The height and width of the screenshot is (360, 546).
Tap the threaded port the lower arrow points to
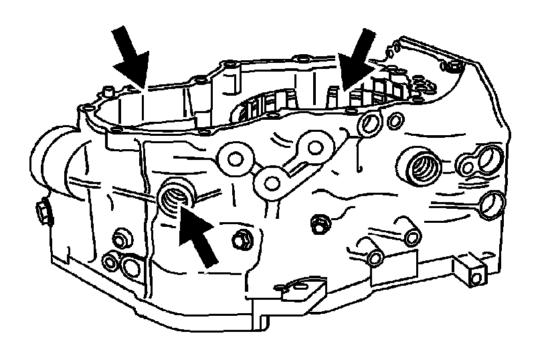click(175, 197)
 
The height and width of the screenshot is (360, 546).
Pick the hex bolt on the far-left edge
click(41, 212)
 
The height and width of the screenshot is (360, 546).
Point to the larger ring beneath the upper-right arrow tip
click(370, 122)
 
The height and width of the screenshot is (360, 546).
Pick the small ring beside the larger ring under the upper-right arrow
click(395, 120)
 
